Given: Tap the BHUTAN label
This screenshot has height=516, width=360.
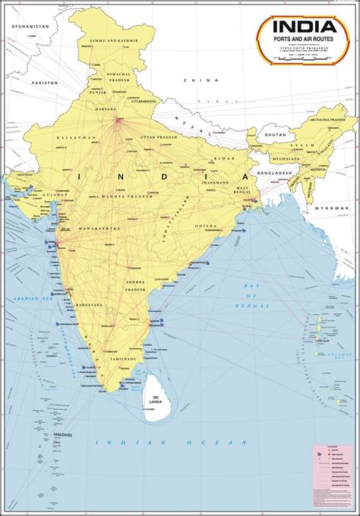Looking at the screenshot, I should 274,134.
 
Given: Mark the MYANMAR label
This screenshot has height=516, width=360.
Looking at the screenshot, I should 333,207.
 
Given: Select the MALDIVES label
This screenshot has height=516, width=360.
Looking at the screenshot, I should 62,435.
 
